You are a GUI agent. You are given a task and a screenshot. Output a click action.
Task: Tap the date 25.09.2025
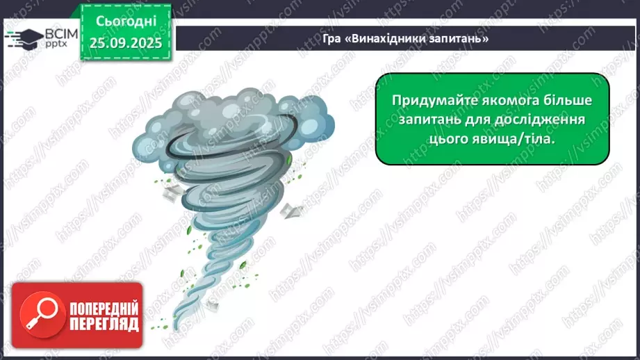coord(125,42)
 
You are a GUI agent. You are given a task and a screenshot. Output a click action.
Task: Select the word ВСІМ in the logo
coord(56,32)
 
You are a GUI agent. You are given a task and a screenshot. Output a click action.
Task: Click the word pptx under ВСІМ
coord(56,44)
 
